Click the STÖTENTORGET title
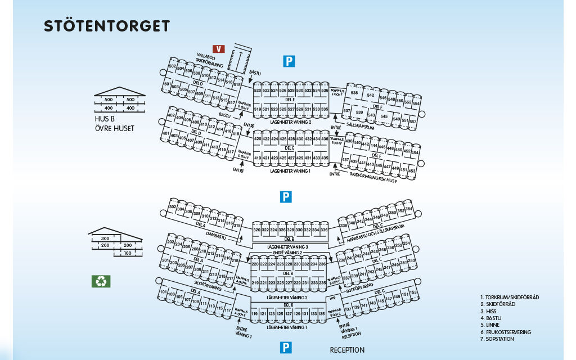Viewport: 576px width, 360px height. tap(107, 26)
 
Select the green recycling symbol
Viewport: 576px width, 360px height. tap(101, 281)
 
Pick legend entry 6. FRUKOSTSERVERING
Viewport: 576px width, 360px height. tap(506, 332)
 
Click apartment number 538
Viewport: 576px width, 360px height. tap(354, 93)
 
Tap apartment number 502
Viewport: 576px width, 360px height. tap(173, 67)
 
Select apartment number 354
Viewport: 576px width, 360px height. tap(409, 209)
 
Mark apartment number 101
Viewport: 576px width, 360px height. tap(164, 293)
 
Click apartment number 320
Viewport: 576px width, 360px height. tap(256, 230)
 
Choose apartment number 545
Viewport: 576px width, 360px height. tap(384, 116)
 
